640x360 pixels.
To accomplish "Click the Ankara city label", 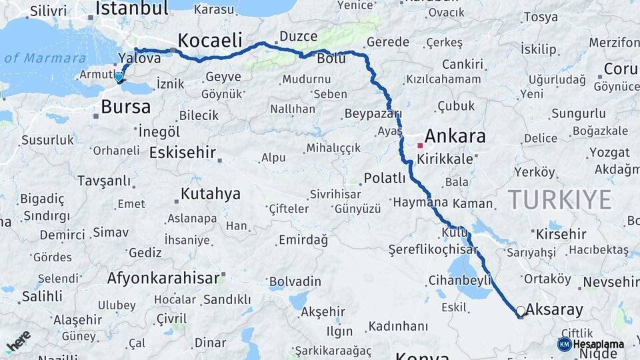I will click(455, 137).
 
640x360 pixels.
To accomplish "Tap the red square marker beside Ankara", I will click(420, 145).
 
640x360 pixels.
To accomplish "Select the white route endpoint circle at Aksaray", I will click(520, 311).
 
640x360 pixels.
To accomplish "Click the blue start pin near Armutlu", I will click(119, 77).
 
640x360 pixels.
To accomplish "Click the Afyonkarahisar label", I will click(163, 277).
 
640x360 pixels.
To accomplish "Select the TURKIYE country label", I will click(559, 199).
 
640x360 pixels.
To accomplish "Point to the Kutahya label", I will click(211, 194).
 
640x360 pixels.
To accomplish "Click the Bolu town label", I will click(331, 59).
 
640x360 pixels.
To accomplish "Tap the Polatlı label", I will click(385, 179).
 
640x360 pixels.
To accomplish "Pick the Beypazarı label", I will click(373, 114).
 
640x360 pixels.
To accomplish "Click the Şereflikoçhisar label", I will click(433, 250).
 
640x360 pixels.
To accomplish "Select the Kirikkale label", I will click(445, 160).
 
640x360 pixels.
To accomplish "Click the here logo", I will click(18, 341).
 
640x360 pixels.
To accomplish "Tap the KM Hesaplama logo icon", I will click(564, 344).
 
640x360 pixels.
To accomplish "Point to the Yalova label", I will click(139, 58).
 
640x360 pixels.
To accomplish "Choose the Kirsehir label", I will click(561, 234).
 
